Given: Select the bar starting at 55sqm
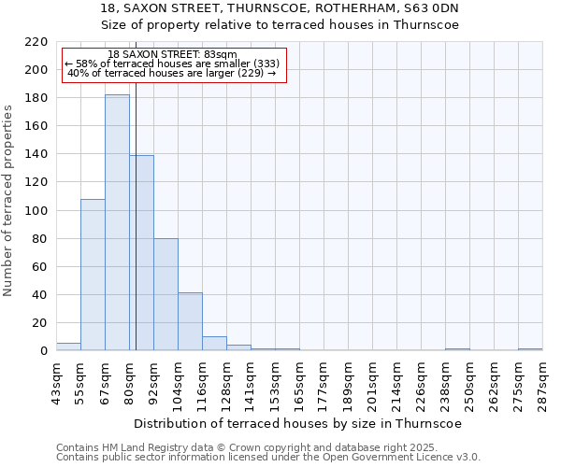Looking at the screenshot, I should pos(93,275).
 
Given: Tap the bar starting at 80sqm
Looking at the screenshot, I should pos(142,252).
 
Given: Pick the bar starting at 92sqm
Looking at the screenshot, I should pos(165,294).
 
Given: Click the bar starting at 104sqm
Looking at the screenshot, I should pos(190,321).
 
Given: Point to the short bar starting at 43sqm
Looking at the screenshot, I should pos(68,347).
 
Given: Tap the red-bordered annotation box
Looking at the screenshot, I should pos(173,64).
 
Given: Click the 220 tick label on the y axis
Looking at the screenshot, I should pos(36,42).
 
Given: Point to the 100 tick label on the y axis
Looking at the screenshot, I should pos(36,211).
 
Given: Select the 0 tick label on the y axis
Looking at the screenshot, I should pos(44,351).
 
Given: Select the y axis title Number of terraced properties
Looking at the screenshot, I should pos(8,201).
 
